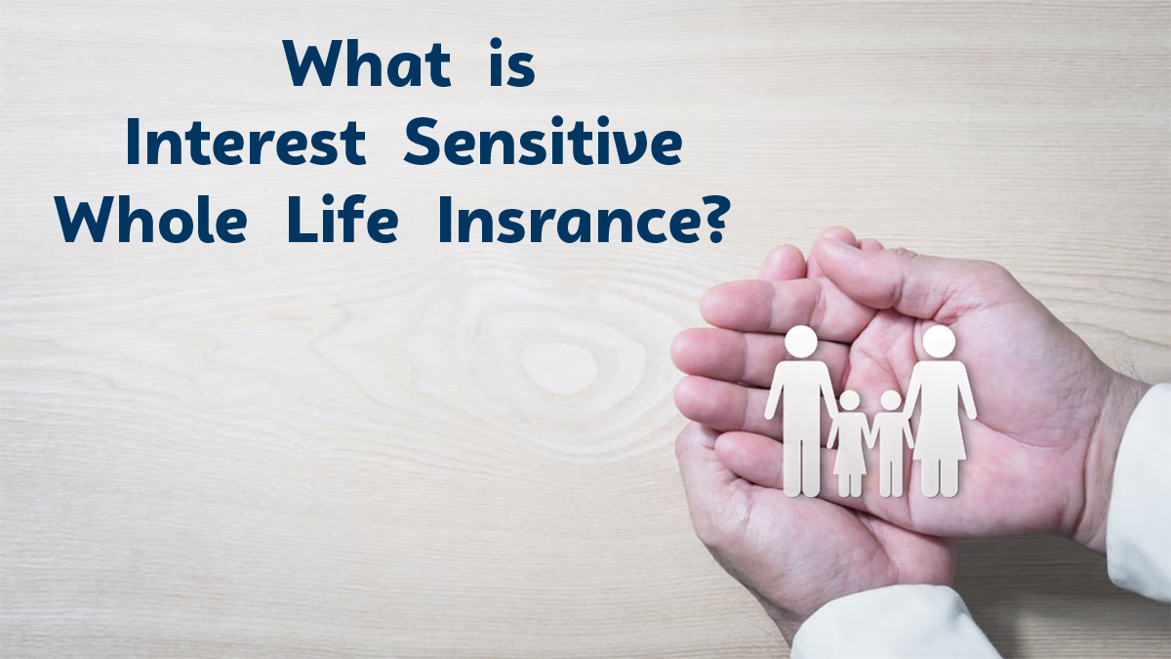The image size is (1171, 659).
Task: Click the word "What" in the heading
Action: click(x=367, y=63)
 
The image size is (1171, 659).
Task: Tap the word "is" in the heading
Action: click(x=512, y=62)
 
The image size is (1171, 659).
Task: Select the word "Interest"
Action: click(x=246, y=142)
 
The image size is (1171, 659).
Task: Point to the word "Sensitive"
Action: click(x=544, y=141)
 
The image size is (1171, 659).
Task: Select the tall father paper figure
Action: click(x=801, y=411)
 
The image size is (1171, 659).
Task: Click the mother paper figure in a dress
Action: click(x=940, y=411)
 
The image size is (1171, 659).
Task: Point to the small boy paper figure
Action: click(x=891, y=443)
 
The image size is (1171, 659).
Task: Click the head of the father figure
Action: click(x=801, y=342)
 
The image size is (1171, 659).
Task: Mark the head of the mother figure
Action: click(x=940, y=342)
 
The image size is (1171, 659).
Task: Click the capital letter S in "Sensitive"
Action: click(x=423, y=141)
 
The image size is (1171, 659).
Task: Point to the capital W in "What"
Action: click(x=312, y=63)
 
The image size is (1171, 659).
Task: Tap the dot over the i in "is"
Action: click(x=496, y=43)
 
